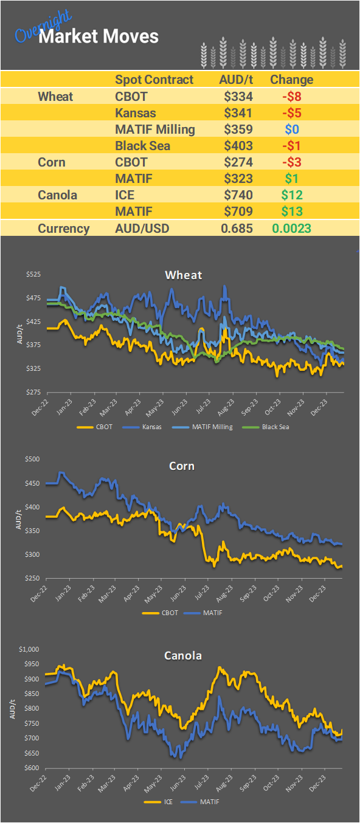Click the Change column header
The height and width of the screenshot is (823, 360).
click(291, 80)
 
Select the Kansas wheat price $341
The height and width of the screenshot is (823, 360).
click(238, 113)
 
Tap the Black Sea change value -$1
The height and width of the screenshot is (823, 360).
click(291, 146)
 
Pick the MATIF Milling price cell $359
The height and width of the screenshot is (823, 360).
click(238, 129)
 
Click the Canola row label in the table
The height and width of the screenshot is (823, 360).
click(58, 195)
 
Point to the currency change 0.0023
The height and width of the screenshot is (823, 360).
click(292, 229)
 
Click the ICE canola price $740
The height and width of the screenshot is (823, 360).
click(238, 195)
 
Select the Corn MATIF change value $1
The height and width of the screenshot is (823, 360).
click(291, 179)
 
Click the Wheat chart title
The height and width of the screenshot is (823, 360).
click(184, 275)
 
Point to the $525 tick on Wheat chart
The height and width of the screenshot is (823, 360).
click(33, 275)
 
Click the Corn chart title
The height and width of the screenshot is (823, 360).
click(182, 466)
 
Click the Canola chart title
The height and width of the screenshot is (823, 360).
click(183, 656)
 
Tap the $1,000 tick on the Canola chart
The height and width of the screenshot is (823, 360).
click(29, 649)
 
